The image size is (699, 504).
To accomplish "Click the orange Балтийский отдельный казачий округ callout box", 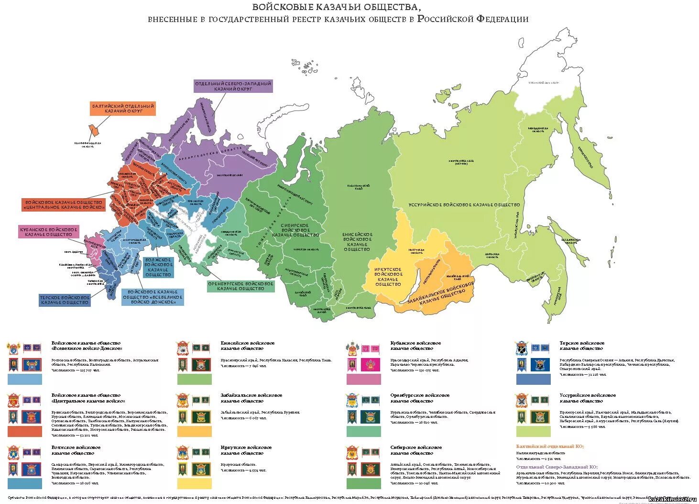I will tap(123, 108).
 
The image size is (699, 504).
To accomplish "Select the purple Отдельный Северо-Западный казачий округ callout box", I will tap(233, 86).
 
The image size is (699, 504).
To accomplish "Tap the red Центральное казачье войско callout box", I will tap(64, 205).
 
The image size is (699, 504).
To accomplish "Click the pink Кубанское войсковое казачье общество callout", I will tap(49, 232).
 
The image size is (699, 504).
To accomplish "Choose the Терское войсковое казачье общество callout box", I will tap(65, 300).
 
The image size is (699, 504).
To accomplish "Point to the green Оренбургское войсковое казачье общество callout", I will tap(241, 286).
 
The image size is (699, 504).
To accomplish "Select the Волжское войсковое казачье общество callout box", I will tap(158, 268).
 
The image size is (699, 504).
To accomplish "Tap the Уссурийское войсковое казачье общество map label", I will tap(464, 205).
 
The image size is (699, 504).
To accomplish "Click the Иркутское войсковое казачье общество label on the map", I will tap(388, 277).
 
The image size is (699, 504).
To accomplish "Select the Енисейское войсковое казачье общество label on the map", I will tap(357, 242).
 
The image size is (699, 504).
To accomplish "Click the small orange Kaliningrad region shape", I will tap(94, 130).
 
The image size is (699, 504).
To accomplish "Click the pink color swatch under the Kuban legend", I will tap(363, 380).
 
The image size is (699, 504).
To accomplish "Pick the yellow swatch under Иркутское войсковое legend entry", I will tap(194, 483).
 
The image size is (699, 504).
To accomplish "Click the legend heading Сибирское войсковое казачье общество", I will tap(416, 450).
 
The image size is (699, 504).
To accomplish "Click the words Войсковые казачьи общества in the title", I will tap(337, 7).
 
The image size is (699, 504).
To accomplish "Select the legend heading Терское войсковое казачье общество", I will tap(581, 346).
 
